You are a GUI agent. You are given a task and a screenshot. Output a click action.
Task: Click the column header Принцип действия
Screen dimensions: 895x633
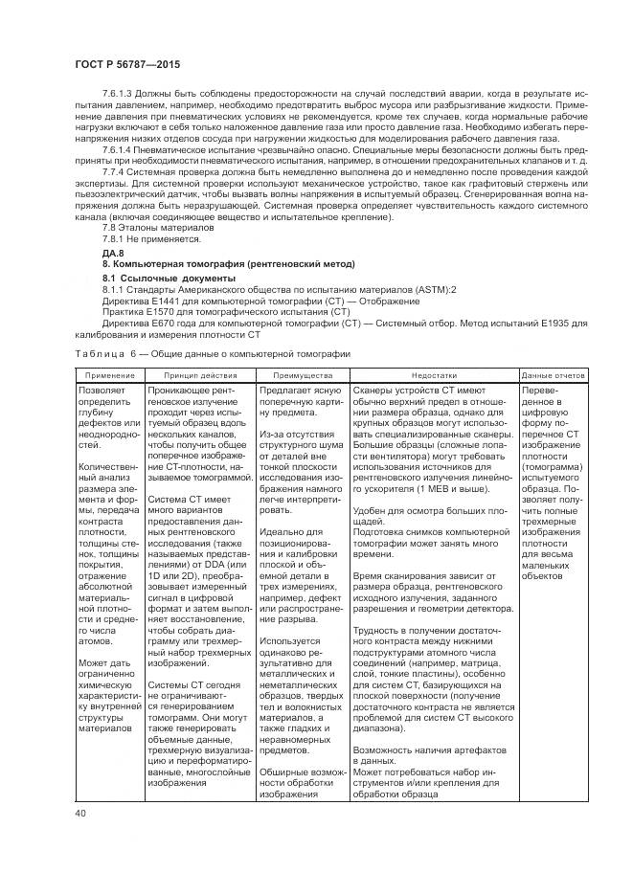tap(199, 375)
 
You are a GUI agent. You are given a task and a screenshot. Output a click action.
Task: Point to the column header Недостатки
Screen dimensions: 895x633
tap(434, 375)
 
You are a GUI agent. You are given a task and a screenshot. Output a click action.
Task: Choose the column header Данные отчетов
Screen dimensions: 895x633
tap(553, 375)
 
